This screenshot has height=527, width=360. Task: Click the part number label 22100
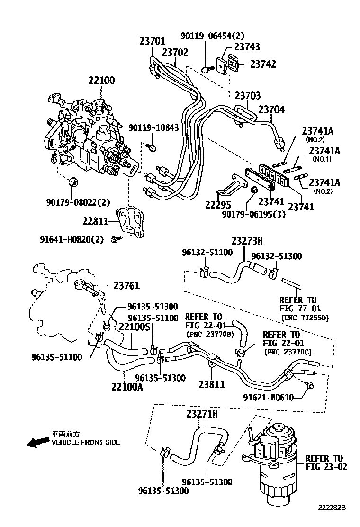[x=101, y=81]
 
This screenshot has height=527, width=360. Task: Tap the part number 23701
[x=152, y=42]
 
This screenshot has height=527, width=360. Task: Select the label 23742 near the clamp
[x=263, y=64]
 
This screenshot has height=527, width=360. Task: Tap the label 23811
[x=211, y=385]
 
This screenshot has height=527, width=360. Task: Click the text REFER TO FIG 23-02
[x=326, y=463]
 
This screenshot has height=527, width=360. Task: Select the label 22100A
[x=127, y=387]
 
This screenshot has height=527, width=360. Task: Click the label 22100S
[x=135, y=327]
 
